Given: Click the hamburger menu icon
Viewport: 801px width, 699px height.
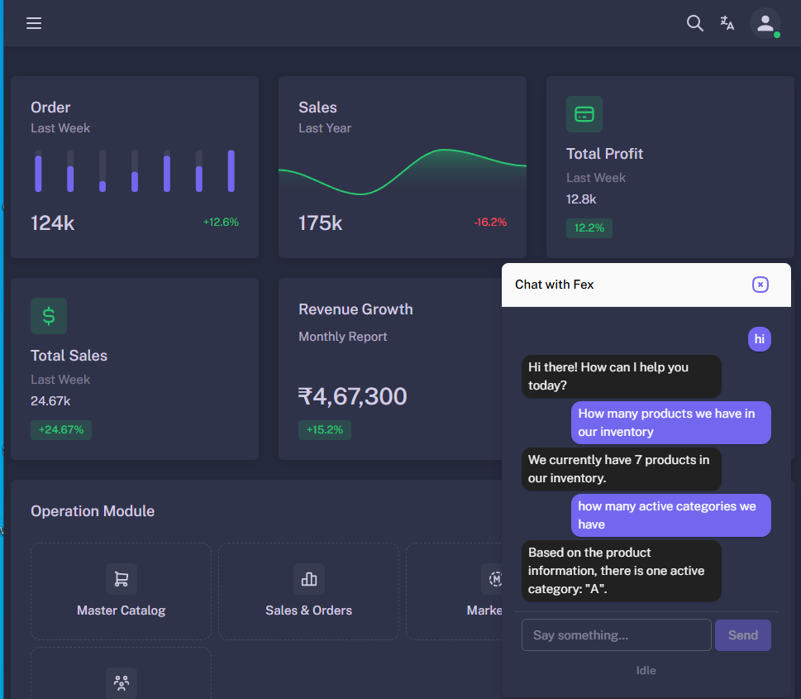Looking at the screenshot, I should pyautogui.click(x=34, y=23).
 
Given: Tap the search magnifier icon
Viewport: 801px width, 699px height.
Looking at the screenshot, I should pyautogui.click(x=694, y=23).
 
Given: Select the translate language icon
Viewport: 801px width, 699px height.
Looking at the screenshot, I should pyautogui.click(x=727, y=23).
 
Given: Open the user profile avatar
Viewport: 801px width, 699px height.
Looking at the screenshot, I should pyautogui.click(x=765, y=23).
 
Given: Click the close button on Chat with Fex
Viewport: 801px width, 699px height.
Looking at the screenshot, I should pyautogui.click(x=760, y=285).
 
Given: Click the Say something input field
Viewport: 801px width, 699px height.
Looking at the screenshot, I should pyautogui.click(x=616, y=635).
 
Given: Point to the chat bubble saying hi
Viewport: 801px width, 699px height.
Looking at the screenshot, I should pyautogui.click(x=759, y=339).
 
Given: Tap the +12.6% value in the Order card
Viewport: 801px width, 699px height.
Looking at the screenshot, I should pyautogui.click(x=221, y=222).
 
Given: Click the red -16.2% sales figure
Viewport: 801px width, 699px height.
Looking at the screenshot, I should pyautogui.click(x=490, y=222).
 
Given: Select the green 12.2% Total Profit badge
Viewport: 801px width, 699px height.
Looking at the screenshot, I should pyautogui.click(x=589, y=227).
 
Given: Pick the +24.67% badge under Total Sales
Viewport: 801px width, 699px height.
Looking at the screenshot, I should pyautogui.click(x=61, y=429).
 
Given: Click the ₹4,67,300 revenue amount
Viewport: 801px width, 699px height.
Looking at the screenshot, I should pyautogui.click(x=352, y=396).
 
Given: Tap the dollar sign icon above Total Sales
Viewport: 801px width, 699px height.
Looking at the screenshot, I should pyautogui.click(x=49, y=315).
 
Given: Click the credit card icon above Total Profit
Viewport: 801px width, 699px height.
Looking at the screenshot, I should pyautogui.click(x=584, y=114).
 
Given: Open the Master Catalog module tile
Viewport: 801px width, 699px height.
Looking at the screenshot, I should pyautogui.click(x=121, y=591).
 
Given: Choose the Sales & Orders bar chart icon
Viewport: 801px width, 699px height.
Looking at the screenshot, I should pyautogui.click(x=309, y=579).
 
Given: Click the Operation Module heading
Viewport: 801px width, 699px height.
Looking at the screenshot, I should pyautogui.click(x=93, y=511).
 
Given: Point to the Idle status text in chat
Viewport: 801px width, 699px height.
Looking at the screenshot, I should pyautogui.click(x=646, y=670).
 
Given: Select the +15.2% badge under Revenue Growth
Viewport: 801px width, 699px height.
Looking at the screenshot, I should pyautogui.click(x=324, y=429).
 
